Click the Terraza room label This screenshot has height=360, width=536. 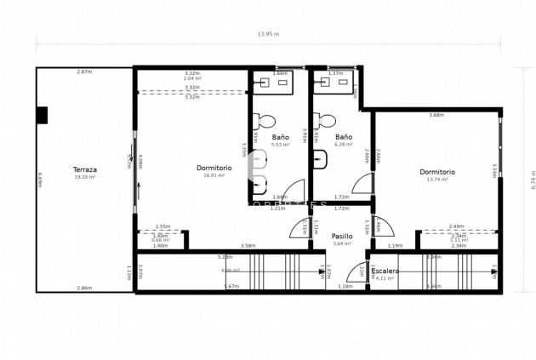click(84, 169)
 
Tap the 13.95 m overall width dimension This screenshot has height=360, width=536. click(268, 34)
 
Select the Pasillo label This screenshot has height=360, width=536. click(342, 237)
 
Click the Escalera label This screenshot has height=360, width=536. click(385, 271)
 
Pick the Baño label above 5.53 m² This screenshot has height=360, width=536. click(281, 137)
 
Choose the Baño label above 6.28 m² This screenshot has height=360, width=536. click(344, 137)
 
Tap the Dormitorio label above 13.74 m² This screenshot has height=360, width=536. click(437, 172)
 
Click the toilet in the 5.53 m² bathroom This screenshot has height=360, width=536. click(265, 120)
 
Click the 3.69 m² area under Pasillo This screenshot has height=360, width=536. click(342, 244)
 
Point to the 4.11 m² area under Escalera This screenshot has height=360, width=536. click(385, 278)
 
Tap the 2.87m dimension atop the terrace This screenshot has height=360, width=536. click(84, 71)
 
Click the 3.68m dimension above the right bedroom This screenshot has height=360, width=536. click(436, 115)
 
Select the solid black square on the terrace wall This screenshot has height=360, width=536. click(43, 115)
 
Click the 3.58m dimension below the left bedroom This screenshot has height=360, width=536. click(248, 246)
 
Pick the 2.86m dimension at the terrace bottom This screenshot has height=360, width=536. click(84, 288)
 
